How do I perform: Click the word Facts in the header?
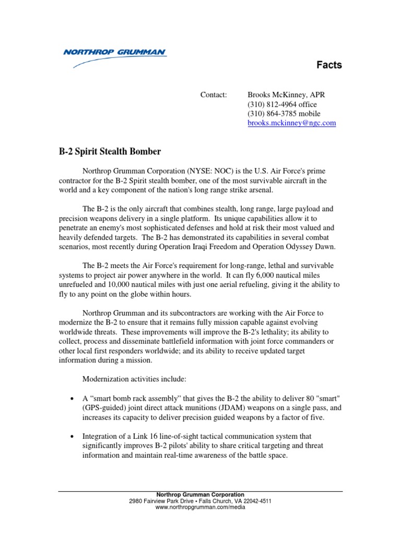(329, 65)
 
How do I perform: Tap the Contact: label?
(214, 95)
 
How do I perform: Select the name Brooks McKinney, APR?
(286, 95)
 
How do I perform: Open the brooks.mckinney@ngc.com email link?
(291, 123)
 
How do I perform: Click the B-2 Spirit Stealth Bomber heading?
(110, 152)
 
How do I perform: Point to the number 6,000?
(263, 275)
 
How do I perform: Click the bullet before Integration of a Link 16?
(71, 436)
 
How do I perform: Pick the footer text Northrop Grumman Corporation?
(200, 495)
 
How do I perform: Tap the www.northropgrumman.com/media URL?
(200, 507)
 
